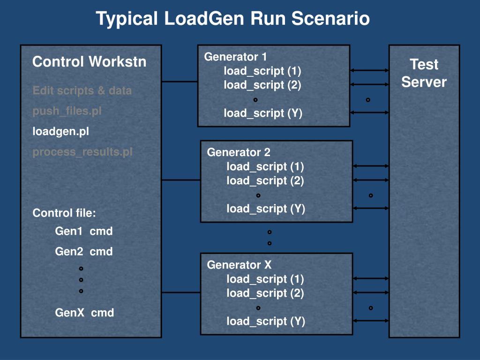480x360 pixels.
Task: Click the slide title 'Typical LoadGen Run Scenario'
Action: click(232, 18)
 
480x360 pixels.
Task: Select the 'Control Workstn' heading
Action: click(90, 61)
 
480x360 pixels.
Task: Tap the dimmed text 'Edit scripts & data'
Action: click(82, 90)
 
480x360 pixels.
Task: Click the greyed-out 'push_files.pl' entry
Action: click(67, 111)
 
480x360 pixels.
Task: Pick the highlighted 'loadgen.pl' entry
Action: click(60, 132)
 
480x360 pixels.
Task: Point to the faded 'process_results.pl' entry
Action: click(82, 152)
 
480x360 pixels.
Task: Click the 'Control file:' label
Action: click(64, 213)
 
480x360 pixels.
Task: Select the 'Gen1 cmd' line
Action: click(84, 231)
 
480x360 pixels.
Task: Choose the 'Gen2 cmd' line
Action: click(84, 252)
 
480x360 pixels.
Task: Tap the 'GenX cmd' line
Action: click(84, 313)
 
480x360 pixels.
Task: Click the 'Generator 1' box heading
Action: click(235, 57)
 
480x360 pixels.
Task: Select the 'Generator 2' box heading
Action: click(239, 152)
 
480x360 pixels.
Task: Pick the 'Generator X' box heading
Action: click(239, 265)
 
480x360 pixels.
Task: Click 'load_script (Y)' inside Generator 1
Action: click(263, 113)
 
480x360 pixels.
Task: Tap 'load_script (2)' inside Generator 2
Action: click(265, 180)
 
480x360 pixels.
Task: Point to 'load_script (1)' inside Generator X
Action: click(265, 279)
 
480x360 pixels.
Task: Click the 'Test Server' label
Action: click(424, 73)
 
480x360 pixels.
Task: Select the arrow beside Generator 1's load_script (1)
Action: click(369, 70)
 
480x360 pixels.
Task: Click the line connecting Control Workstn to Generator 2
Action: click(181, 180)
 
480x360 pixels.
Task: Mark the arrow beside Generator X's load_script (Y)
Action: click(371, 321)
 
